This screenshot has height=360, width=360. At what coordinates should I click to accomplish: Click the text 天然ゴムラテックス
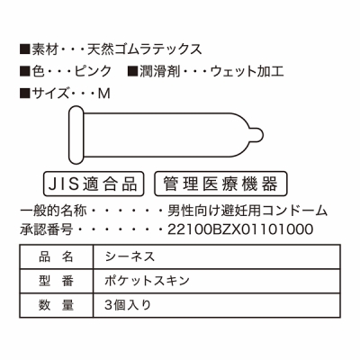tap(145, 49)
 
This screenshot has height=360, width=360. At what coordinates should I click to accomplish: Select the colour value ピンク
tap(93, 71)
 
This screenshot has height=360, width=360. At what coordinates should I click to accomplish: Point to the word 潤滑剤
tap(159, 71)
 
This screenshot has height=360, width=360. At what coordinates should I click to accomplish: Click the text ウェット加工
tap(247, 71)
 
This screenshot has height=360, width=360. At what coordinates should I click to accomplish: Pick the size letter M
tap(104, 94)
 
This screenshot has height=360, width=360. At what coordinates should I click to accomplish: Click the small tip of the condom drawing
tap(257, 135)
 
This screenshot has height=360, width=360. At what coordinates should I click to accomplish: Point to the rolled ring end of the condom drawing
tap(76, 135)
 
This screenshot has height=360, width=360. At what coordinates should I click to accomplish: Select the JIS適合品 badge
tap(94, 184)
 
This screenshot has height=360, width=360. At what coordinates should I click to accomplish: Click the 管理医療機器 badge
tap(220, 184)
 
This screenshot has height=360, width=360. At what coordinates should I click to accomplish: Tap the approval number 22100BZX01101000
tap(240, 229)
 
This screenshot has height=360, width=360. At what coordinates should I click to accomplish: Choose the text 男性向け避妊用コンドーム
tap(247, 211)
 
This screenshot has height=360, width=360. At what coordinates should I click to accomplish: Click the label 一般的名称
tap(53, 211)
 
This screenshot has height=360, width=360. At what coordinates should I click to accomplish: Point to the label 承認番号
tap(47, 229)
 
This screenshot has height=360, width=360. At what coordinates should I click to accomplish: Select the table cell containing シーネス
tap(217, 256)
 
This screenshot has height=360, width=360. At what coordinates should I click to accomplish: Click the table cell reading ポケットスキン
tap(217, 281)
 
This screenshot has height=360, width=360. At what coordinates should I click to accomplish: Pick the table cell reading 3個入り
tap(217, 305)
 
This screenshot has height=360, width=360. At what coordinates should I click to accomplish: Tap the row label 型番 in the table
tap(57, 281)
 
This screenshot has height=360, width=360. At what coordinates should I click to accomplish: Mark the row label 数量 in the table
tap(57, 305)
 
